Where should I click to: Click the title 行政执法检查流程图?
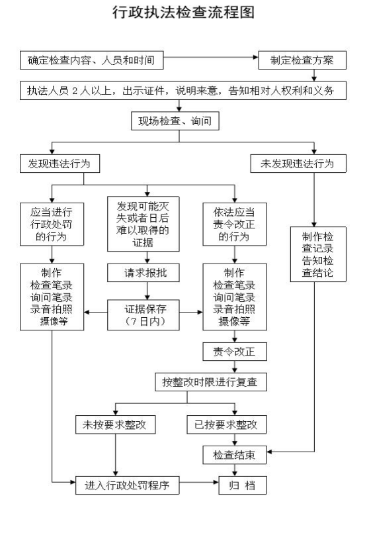pyautogui.click(x=183, y=13)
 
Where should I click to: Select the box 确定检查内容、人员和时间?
pyautogui.click(x=92, y=60)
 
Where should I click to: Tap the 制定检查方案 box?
pyautogui.click(x=302, y=60)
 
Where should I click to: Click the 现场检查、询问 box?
pyautogui.click(x=175, y=121)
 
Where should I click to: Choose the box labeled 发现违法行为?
pyautogui.click(x=60, y=164)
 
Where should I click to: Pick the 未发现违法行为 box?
pyautogui.click(x=298, y=164)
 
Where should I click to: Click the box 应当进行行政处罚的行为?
pyautogui.click(x=52, y=224)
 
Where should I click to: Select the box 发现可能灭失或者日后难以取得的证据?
pyautogui.click(x=143, y=224)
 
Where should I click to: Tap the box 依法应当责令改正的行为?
pyautogui.click(x=235, y=224)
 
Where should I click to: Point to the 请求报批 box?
pyautogui.click(x=143, y=273)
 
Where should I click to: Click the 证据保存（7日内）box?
pyautogui.click(x=143, y=315)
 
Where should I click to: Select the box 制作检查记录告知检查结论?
pyautogui.click(x=318, y=254)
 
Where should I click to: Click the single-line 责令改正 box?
pyautogui.click(x=235, y=352)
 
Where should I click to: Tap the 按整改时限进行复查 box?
pyautogui.click(x=210, y=382)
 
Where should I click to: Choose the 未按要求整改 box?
pyautogui.click(x=115, y=424)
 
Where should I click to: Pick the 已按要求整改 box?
pyautogui.click(x=227, y=424)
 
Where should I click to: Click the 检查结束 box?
pyautogui.click(x=235, y=455)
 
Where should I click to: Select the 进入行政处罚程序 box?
pyautogui.click(x=127, y=485)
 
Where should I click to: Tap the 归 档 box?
pyautogui.click(x=243, y=485)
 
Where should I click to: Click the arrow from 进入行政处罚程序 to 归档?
pyautogui.click(x=199, y=482)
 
